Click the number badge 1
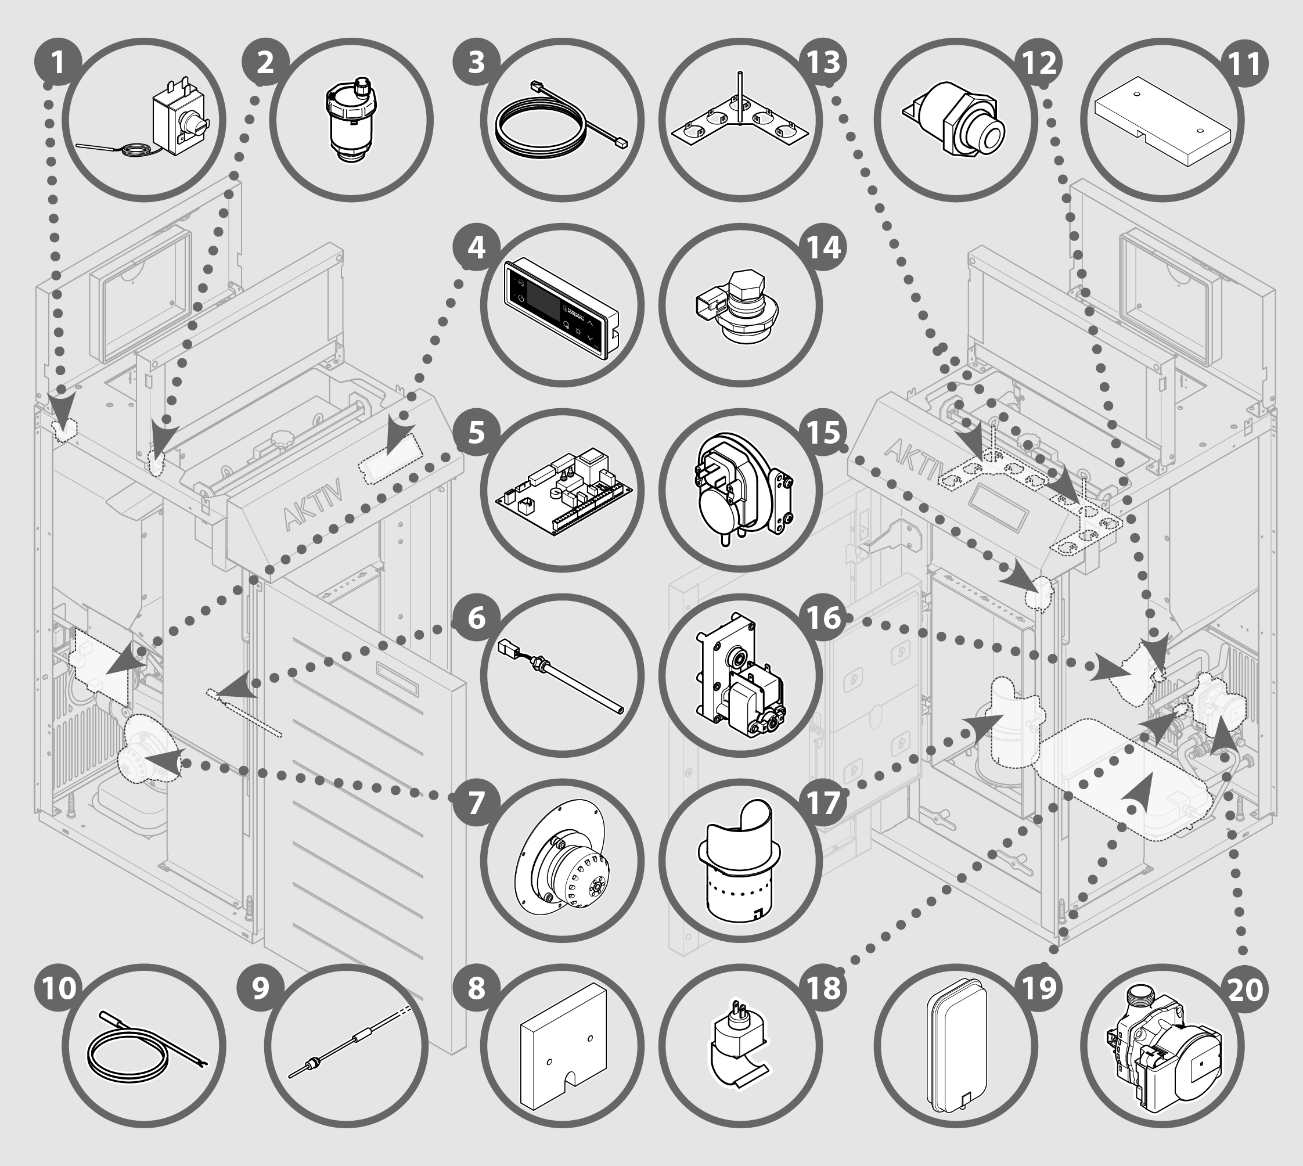pyautogui.click(x=57, y=63)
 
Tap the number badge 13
pyautogui.click(x=824, y=63)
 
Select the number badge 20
pyautogui.click(x=1246, y=989)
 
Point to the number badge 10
pyautogui.click(x=59, y=988)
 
